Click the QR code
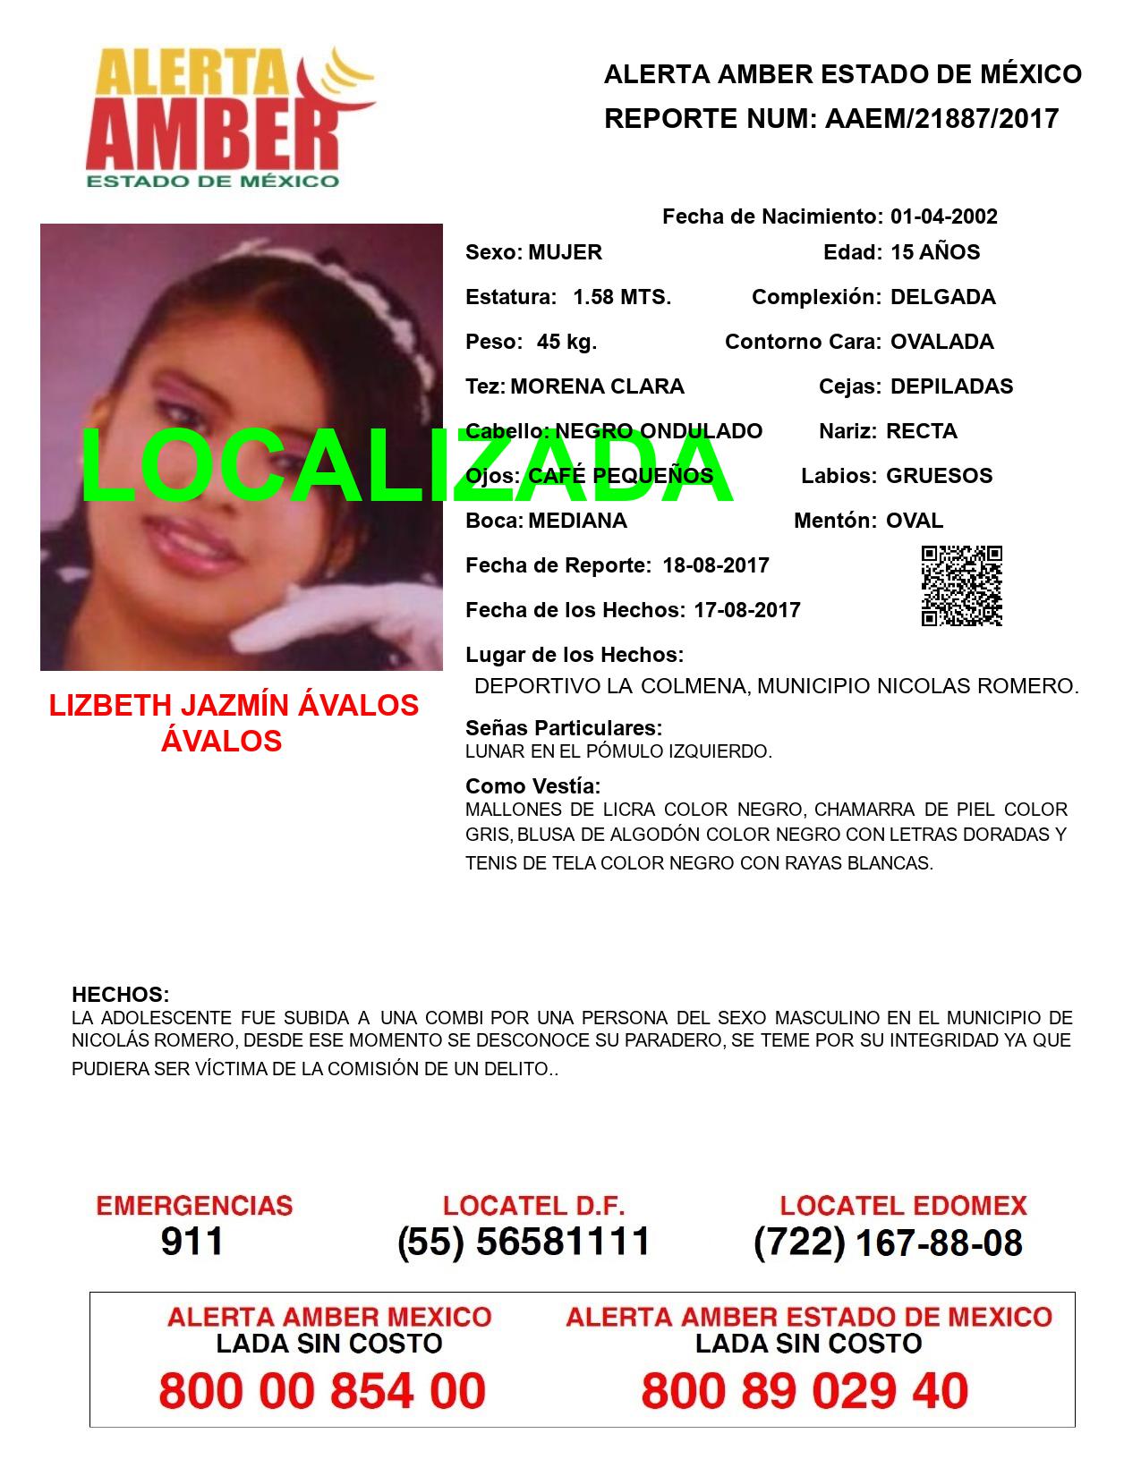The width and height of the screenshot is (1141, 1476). [962, 586]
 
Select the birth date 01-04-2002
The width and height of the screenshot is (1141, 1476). [943, 216]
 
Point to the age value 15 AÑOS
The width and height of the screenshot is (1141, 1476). [935, 252]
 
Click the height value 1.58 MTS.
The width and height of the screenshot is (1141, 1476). [622, 297]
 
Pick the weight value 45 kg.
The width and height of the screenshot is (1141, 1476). [566, 342]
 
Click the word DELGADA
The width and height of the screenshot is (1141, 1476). [942, 297]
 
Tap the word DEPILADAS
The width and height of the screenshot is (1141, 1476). [951, 386]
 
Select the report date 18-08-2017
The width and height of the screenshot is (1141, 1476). [716, 565]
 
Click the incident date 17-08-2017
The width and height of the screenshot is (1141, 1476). [747, 610]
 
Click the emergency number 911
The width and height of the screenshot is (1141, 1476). [192, 1242]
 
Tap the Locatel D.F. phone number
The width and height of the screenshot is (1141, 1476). [524, 1242]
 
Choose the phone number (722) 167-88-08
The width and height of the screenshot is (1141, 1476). [888, 1243]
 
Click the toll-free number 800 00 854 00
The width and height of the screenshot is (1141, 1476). [322, 1391]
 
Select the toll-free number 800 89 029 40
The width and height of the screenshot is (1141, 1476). [805, 1391]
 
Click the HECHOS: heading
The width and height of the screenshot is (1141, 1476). [120, 995]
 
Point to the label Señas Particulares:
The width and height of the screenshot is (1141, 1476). [564, 728]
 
